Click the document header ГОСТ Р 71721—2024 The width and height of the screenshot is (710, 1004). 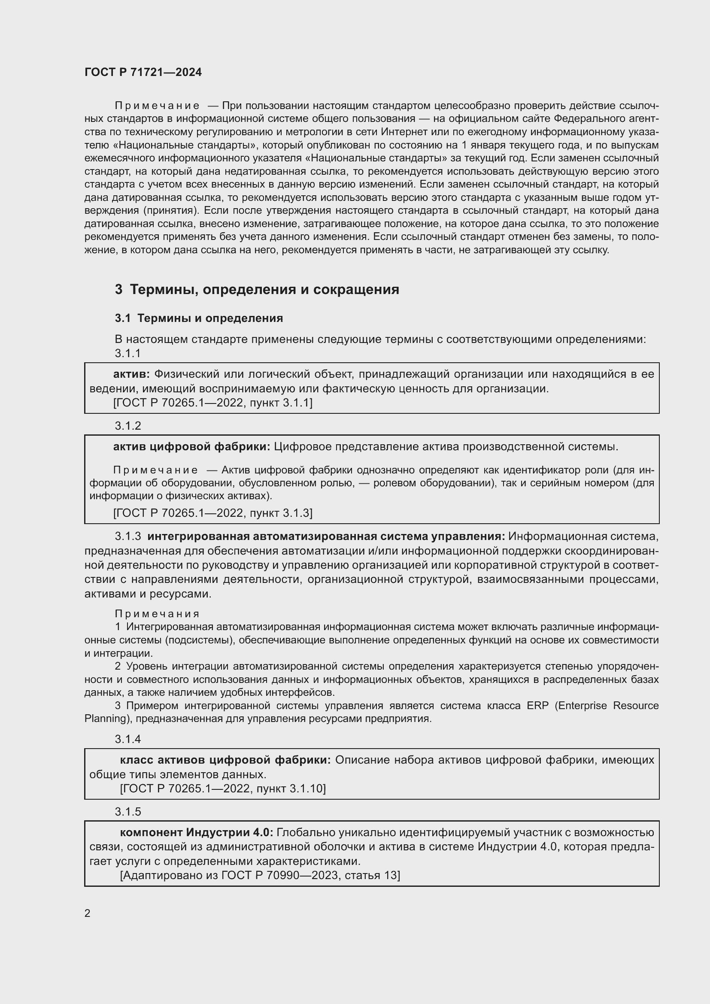point(143,72)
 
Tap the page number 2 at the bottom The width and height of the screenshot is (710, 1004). point(88,913)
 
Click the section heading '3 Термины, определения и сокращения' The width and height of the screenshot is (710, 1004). point(257,289)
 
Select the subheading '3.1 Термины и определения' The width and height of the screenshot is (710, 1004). point(199,318)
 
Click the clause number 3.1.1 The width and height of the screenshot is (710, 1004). point(127,353)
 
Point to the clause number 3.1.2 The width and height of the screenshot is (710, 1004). point(127,426)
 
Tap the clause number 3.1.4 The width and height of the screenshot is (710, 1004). point(127,739)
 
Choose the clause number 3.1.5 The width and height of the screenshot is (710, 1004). point(127,812)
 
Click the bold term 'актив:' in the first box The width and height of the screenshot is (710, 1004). point(131,374)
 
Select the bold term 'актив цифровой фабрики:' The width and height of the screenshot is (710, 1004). point(191,447)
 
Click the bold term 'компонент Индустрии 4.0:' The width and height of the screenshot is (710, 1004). point(196,833)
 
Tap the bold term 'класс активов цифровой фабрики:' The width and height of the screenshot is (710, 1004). point(225,760)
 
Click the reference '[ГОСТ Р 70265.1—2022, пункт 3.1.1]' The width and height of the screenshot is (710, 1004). point(212,403)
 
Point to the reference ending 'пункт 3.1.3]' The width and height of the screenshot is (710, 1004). point(212,513)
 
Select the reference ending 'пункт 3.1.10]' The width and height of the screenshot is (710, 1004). point(222,789)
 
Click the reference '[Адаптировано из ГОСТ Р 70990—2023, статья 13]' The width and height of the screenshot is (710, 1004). point(260,875)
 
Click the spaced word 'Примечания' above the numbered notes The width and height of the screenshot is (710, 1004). point(157,614)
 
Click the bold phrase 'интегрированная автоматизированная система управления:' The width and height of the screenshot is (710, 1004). point(326,537)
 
